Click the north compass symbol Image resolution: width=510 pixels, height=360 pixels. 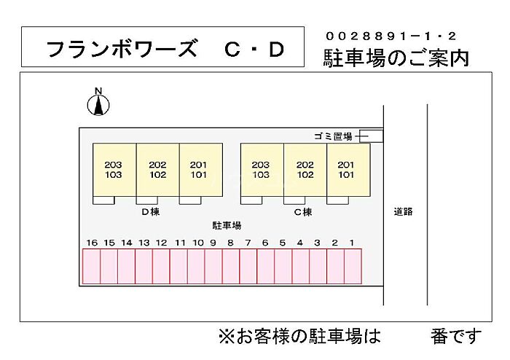(x=98, y=103)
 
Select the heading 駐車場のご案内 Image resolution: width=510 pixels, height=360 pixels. (x=396, y=58)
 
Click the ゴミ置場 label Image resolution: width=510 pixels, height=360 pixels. (x=333, y=136)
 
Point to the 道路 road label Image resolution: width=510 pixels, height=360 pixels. (x=404, y=211)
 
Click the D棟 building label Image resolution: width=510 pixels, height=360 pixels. (x=150, y=212)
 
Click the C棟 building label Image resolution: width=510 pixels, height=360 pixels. (x=302, y=212)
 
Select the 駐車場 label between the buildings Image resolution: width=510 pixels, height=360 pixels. (x=227, y=225)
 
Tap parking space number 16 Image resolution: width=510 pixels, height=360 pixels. (x=91, y=266)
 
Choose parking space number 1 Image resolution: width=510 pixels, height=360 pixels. (x=353, y=266)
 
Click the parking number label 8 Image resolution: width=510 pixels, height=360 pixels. (x=230, y=243)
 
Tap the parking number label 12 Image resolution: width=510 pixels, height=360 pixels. (x=161, y=243)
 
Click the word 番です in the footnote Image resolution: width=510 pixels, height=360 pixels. (x=456, y=337)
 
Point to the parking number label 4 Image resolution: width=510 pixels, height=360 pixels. (x=299, y=243)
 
